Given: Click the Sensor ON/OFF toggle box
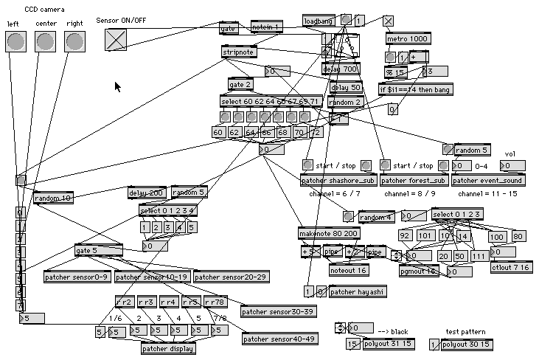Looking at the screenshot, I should [115, 40].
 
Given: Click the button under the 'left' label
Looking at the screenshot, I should [15, 42].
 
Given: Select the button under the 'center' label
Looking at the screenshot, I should [45, 42].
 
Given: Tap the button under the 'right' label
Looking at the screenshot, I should [74, 42].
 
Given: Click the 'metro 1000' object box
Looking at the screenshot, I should [408, 38].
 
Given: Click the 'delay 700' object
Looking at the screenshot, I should [341, 69].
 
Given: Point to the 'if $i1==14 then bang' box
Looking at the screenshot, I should [415, 89].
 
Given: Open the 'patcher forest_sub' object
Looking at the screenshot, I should [414, 180].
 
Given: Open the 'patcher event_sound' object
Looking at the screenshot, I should [487, 180].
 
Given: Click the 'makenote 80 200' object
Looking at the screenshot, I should [329, 234].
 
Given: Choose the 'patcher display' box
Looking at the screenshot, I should [169, 349].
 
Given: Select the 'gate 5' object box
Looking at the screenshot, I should [97, 251].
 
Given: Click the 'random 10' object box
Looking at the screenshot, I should [52, 198].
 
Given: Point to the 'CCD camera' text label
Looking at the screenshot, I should [44, 10].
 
